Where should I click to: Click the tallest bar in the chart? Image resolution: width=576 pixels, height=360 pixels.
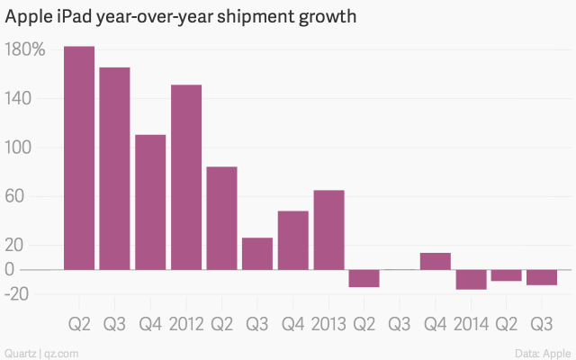pos(79,157)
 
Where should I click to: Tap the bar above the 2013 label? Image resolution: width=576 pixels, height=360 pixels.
pos(328,229)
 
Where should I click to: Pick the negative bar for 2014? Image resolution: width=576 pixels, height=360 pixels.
pos(471,279)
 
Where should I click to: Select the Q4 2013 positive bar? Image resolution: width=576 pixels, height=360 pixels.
pos(436,261)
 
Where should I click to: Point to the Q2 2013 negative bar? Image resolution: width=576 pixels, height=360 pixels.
pos(364,278)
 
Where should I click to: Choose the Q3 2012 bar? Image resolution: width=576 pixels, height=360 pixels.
pos(257,253)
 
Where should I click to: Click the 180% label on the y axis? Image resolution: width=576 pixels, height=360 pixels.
pos(25,49)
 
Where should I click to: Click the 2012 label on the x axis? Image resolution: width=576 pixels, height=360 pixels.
pos(186,323)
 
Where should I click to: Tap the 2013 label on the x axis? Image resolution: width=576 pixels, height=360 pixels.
pos(328,323)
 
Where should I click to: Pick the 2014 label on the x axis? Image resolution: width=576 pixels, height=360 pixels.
pos(471,323)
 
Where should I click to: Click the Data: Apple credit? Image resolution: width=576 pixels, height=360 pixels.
pos(545,352)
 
